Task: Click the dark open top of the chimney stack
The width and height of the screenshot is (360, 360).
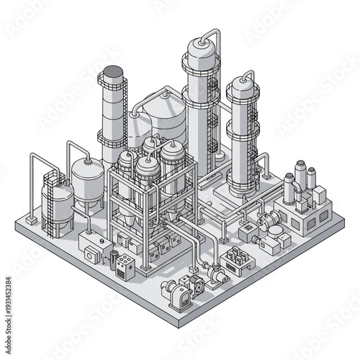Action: pyautogui.click(x=112, y=72)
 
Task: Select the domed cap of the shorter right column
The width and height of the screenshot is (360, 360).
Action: pyautogui.click(x=243, y=89)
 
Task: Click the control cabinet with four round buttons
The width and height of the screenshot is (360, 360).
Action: pyautogui.click(x=125, y=267)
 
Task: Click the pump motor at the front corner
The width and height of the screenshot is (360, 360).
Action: pyautogui.click(x=175, y=292)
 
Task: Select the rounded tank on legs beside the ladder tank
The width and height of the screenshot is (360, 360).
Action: pyautogui.click(x=87, y=180)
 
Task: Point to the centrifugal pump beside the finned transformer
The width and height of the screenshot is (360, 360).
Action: pyautogui.click(x=215, y=273)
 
